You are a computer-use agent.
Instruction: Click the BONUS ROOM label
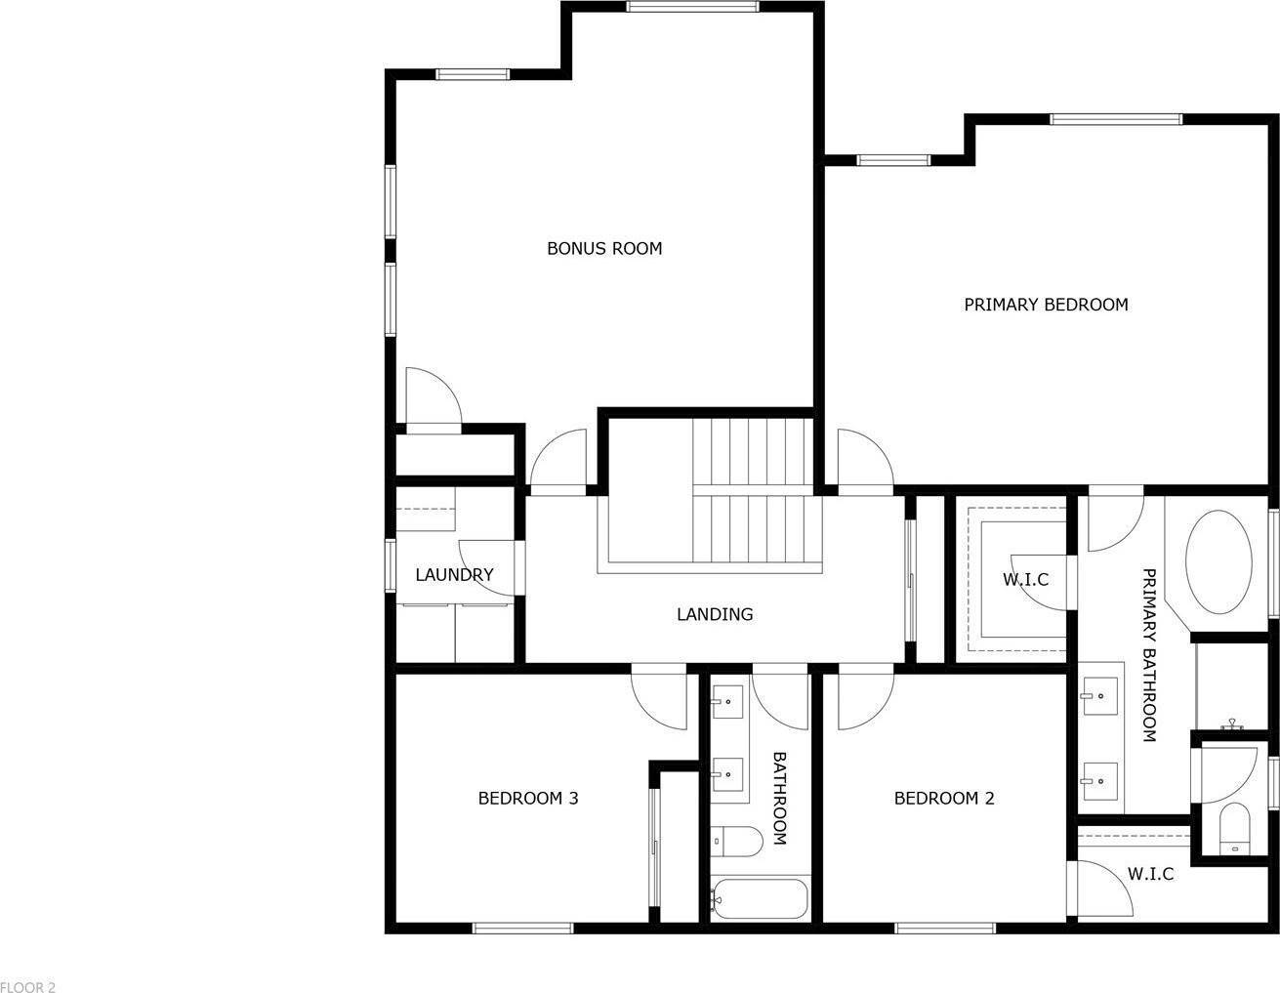603,248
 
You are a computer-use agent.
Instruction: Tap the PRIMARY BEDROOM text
1046,305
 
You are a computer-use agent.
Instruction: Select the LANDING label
715,614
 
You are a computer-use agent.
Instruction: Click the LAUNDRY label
454,575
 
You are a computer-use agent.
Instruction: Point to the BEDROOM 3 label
527,799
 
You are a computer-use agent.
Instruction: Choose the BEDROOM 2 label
944,799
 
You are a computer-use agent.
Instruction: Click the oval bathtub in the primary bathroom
1218,564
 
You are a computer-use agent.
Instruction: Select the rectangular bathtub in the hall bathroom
760,899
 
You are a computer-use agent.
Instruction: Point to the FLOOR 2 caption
28,987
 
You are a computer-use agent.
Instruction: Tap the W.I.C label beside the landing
1025,579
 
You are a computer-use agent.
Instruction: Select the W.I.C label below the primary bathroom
1150,874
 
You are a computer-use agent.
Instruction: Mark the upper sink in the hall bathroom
727,701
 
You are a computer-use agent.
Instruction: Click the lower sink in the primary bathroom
1100,780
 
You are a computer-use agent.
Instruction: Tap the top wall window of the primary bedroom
1115,120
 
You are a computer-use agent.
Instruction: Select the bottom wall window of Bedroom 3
522,927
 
